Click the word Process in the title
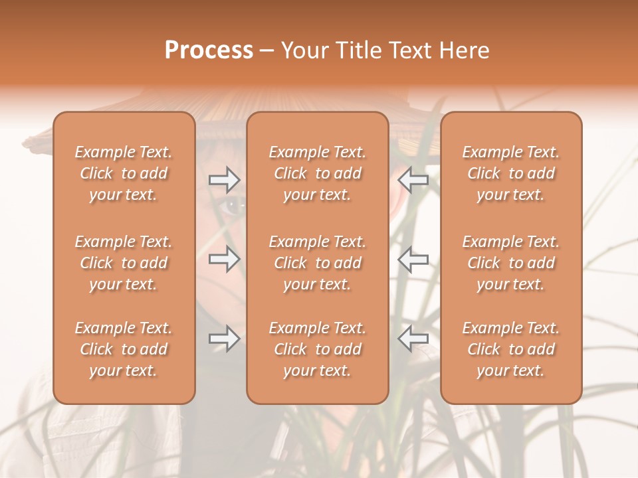(209, 50)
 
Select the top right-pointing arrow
(225, 179)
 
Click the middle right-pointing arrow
(225, 259)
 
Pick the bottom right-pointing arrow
(225, 339)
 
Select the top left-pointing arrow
(413, 179)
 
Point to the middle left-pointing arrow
(413, 259)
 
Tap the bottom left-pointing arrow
(413, 339)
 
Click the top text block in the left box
(124, 173)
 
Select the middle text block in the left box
(124, 263)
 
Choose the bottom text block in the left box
(124, 349)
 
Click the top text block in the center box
(318, 173)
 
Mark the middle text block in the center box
(318, 263)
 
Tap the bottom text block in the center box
(318, 349)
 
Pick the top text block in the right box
(511, 173)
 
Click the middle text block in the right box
(511, 263)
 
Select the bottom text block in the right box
(511, 349)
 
